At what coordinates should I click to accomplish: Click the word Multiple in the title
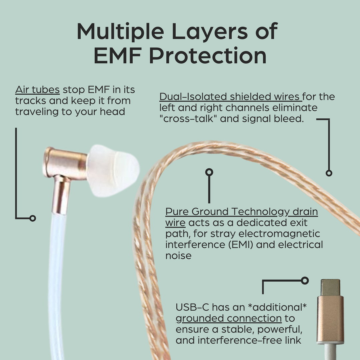pos(120,32)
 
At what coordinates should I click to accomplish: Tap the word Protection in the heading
pos(208,56)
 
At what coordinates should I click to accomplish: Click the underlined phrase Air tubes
pos(37,90)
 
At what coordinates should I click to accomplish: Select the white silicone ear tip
pos(113,170)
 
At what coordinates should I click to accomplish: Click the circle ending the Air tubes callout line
pos(33,218)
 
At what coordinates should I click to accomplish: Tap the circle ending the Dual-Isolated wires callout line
pos(329,173)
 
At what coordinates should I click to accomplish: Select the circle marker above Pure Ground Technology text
pos(209,172)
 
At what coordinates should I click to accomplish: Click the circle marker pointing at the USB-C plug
pos(305,281)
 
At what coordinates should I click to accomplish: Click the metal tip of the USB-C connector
pos(330,287)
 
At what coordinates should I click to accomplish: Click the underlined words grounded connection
pos(229,318)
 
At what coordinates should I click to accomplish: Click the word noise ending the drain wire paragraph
pos(178,256)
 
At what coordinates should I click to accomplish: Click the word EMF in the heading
pos(117,56)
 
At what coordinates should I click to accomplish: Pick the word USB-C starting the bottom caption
pos(192,307)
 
